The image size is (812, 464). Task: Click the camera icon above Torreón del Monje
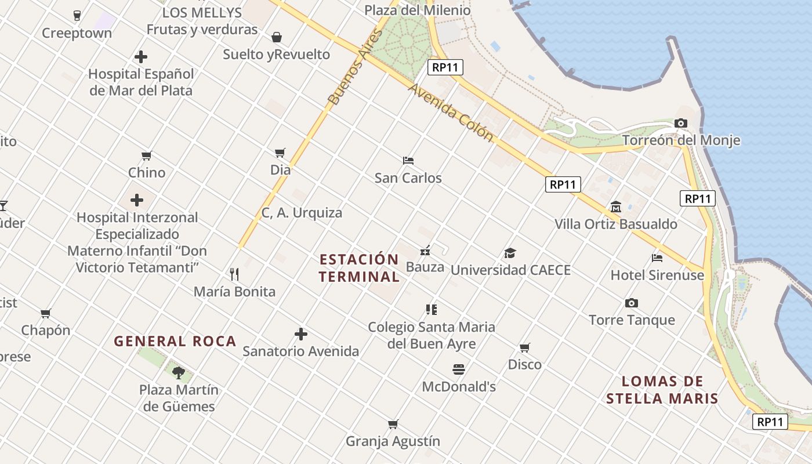[x=681, y=123]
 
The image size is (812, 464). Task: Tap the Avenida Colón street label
[x=451, y=113]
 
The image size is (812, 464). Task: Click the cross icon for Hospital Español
[x=140, y=57]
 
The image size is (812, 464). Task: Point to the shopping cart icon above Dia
[x=280, y=153]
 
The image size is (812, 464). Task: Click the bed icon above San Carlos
[x=408, y=160]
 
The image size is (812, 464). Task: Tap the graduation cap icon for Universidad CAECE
[x=510, y=253]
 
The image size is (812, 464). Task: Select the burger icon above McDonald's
[x=458, y=369]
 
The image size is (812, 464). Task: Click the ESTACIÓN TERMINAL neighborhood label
[x=359, y=267]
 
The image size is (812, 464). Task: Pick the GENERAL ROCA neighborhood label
[x=175, y=341]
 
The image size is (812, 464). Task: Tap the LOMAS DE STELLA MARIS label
[x=662, y=390]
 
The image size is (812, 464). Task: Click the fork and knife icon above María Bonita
[x=234, y=274]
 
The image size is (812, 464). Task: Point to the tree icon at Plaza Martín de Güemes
[x=179, y=372]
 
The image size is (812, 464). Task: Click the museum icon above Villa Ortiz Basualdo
[x=615, y=206]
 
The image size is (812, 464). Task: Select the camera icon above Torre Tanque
[x=632, y=303]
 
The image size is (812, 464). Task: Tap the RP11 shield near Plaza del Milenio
[x=446, y=67]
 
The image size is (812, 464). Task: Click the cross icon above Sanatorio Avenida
[x=300, y=334]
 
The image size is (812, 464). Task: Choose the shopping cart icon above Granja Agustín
[x=393, y=424]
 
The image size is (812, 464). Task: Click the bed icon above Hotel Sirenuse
[x=657, y=258]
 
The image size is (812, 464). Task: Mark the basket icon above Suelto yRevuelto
[x=277, y=37]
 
